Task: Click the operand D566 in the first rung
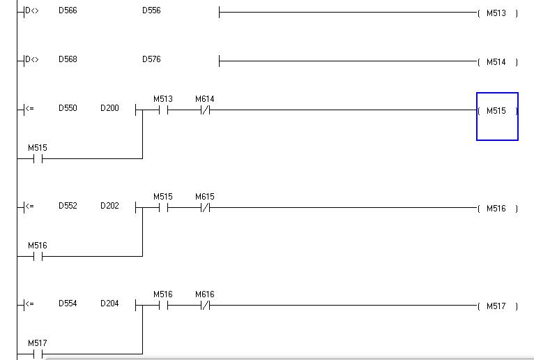point(68,10)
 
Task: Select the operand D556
point(151,10)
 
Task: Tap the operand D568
point(68,59)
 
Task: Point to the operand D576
point(151,59)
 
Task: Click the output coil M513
point(497,13)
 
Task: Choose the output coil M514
point(497,62)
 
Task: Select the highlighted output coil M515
point(497,111)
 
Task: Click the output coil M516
point(497,209)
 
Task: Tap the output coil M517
point(497,306)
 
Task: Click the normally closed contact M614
point(205,110)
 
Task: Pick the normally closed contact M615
point(205,207)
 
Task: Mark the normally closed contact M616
point(205,305)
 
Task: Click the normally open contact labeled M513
point(163,110)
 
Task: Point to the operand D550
point(68,108)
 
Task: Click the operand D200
point(109,108)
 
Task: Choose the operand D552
point(68,206)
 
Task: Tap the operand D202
point(109,206)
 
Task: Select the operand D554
point(68,303)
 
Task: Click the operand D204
point(109,303)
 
